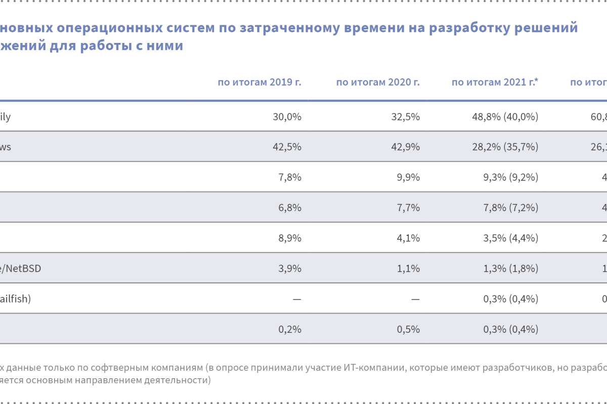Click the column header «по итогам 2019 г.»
point(259,82)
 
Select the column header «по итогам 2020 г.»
point(378,82)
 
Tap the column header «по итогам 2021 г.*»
point(495,82)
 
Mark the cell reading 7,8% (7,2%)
point(506,208)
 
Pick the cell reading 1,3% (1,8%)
point(506,268)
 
